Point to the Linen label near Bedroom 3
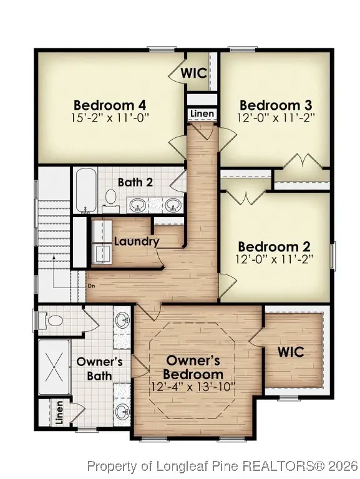202,114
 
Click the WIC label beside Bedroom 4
193,73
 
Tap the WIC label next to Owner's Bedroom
291,351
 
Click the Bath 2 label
136,182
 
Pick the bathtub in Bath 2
85,190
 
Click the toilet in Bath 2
111,198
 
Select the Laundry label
137,241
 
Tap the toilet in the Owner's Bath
54,321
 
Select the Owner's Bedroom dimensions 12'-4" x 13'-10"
193,387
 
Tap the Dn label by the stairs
90,286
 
